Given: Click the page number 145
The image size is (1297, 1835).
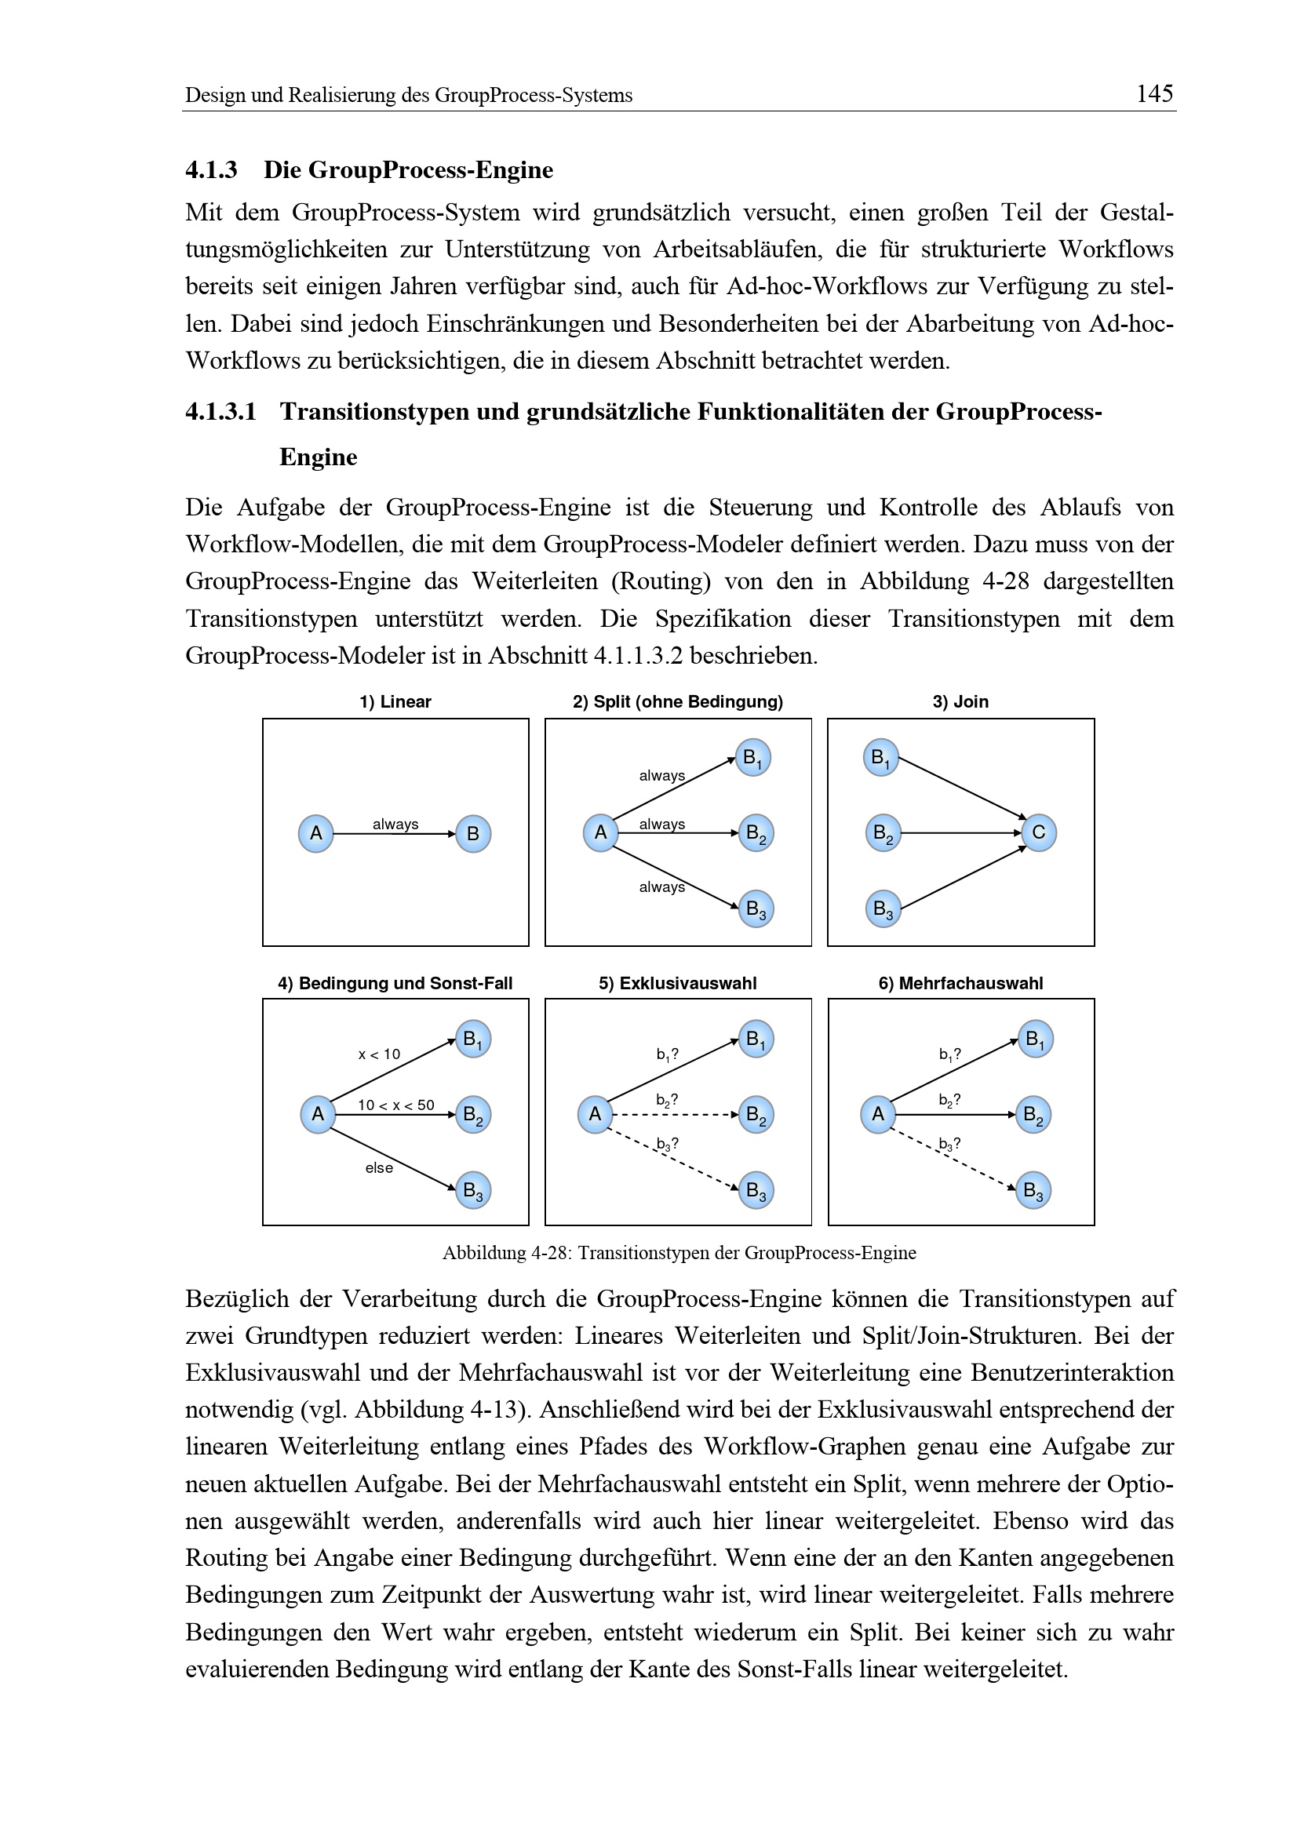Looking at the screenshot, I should coord(1154,94).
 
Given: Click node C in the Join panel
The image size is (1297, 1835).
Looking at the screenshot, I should coord(1038,833).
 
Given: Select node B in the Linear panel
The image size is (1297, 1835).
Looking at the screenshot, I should coord(472,834).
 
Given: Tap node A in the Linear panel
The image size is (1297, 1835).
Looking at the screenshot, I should coord(315,834).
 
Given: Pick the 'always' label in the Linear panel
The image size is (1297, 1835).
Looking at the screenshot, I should coord(395,824).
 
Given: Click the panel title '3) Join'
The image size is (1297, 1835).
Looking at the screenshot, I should coord(960,701).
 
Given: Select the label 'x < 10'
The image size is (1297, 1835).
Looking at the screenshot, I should coord(379,1054).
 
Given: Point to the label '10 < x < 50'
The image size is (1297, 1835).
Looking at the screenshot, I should coord(395,1105).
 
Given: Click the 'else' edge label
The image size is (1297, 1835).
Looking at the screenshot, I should coord(379,1167).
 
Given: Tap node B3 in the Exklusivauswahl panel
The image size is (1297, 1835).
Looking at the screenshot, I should coord(755,1191).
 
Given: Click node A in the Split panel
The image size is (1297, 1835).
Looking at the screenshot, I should coord(600,833).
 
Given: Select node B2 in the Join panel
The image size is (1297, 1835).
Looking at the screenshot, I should coord(882,833).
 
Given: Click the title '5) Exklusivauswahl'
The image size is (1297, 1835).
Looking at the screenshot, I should coord(677,983).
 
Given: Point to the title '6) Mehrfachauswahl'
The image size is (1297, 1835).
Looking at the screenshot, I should coord(960,983).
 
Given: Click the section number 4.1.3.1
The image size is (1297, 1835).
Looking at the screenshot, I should coord(220,412).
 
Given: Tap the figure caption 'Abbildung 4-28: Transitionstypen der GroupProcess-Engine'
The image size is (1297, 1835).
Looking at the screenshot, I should coord(679,1252).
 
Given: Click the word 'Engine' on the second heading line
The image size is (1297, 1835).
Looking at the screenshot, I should coord(318,457).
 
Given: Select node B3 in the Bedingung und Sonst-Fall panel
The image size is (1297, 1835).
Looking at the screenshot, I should coord(472,1191).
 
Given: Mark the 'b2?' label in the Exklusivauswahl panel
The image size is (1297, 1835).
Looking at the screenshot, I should coord(666,1101).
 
